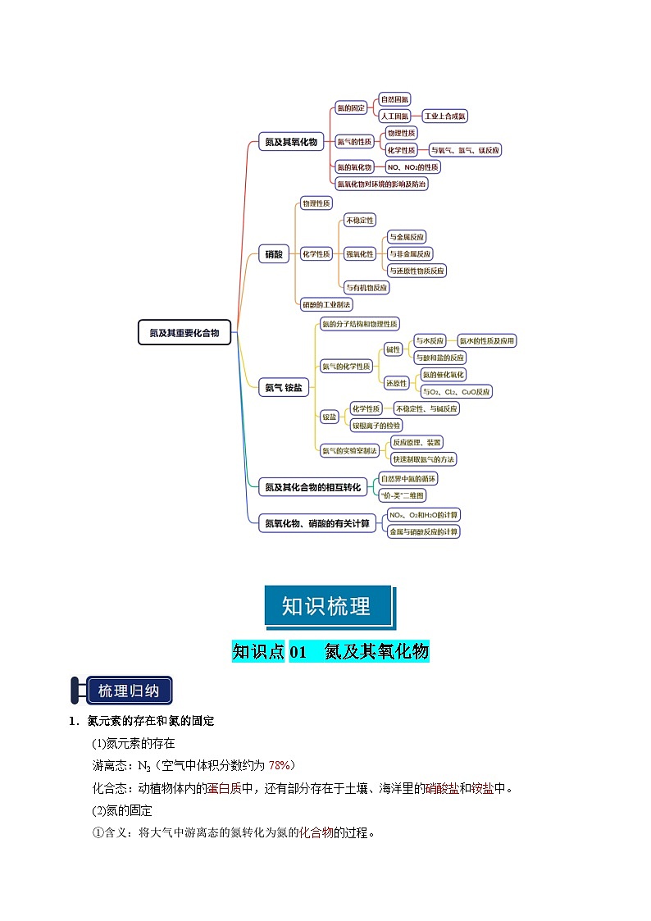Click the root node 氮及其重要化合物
click(x=184, y=332)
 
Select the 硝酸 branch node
click(x=274, y=254)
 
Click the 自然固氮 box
click(x=394, y=99)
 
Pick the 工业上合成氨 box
click(x=444, y=116)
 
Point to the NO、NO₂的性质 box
click(x=412, y=166)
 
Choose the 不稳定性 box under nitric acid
click(x=359, y=220)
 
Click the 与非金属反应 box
click(x=410, y=253)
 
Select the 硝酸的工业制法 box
click(x=326, y=304)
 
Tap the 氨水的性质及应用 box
click(x=487, y=340)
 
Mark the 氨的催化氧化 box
click(x=443, y=375)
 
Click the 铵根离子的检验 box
click(x=376, y=425)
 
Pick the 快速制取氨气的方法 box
click(x=423, y=458)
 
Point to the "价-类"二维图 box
click(x=403, y=495)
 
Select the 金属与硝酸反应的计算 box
click(x=424, y=531)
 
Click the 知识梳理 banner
click(x=326, y=606)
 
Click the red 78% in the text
click(x=280, y=765)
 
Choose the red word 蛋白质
click(x=217, y=788)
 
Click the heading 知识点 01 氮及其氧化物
click(x=330, y=652)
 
